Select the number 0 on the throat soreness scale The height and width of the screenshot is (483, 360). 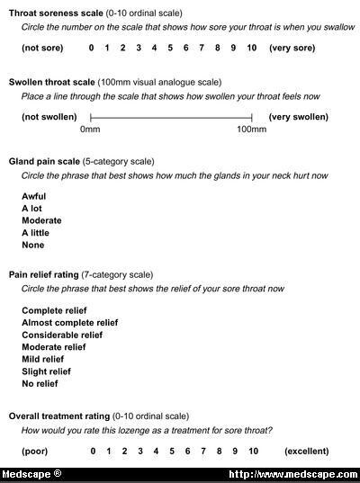point(92,47)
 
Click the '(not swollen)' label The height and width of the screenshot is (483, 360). point(49,117)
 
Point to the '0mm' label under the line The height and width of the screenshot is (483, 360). point(90,131)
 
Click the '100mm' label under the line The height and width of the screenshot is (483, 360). point(252,131)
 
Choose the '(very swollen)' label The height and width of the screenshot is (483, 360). point(299,117)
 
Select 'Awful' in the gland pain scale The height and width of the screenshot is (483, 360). point(33,196)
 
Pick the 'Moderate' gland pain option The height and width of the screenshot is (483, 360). point(41,220)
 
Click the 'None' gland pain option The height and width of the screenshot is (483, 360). point(32,245)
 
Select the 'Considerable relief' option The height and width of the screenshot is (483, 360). point(62,335)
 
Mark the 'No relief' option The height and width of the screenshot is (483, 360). point(40,384)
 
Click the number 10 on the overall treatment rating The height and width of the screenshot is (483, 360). point(253,450)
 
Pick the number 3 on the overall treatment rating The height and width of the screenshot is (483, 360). point(139,450)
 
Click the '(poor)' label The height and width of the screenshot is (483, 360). point(36,450)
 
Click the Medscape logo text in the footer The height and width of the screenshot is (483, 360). point(31,474)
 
